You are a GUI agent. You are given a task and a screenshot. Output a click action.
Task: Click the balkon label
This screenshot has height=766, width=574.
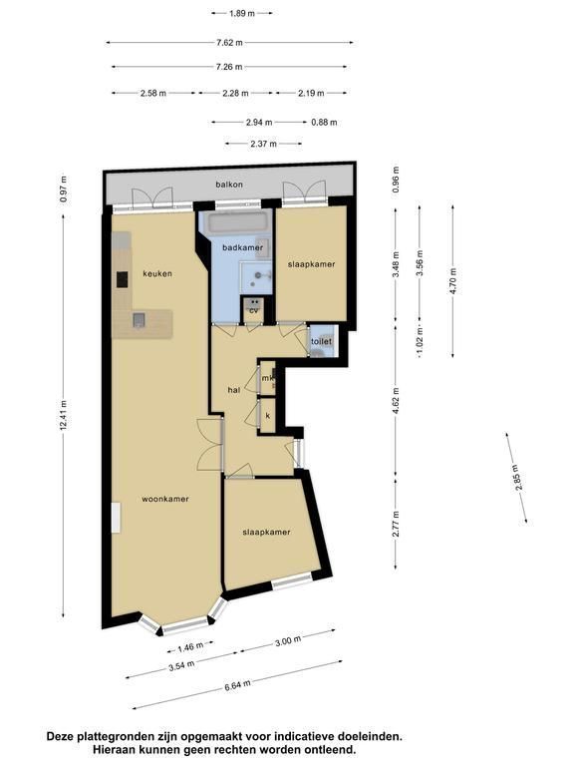tap(229, 185)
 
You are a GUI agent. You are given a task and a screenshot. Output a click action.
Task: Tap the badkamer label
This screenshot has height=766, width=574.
tap(242, 247)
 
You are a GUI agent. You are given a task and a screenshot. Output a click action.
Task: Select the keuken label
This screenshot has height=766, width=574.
tap(157, 273)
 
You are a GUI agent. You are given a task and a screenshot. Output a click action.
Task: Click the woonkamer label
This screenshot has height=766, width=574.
tap(165, 499)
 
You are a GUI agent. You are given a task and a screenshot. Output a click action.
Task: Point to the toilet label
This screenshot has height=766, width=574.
tap(321, 341)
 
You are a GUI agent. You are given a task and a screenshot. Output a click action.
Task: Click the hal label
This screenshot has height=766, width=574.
tap(234, 390)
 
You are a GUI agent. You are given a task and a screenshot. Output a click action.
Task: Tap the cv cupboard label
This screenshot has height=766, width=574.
tap(253, 311)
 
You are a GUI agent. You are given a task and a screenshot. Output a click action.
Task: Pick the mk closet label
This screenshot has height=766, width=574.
tap(266, 378)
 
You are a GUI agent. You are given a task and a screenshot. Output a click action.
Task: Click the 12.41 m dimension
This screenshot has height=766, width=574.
tap(64, 415)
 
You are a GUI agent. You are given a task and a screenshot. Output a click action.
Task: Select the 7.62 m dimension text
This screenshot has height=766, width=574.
tap(229, 43)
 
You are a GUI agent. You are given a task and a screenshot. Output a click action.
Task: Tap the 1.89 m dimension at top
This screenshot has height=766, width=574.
tap(242, 13)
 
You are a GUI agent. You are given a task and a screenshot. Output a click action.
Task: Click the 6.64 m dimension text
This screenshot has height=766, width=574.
tap(238, 685)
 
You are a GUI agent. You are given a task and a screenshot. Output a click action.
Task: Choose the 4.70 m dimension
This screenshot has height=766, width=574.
tap(453, 281)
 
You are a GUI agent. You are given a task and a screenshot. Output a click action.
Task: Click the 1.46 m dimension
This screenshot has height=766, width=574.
tap(190, 646)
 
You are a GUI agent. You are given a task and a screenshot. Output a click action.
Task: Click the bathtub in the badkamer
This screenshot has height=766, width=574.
tap(238, 223)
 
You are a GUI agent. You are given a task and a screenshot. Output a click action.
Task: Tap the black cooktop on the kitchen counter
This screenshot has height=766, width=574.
tap(122, 279)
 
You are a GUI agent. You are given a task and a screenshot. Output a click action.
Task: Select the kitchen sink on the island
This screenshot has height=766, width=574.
tap(140, 320)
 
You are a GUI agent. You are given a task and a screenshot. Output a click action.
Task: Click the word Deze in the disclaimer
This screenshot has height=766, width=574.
tap(59, 736)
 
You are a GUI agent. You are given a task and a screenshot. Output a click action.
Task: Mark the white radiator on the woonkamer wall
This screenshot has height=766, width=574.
tap(116, 518)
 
